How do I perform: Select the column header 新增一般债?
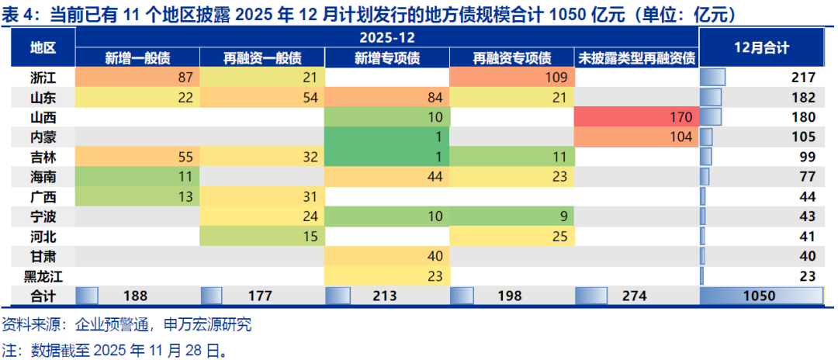click(137, 58)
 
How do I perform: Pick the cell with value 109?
click(511, 77)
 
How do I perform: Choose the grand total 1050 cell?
click(761, 295)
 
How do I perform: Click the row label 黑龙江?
click(43, 275)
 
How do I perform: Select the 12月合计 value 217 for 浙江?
click(802, 77)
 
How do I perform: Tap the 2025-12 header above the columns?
click(386, 37)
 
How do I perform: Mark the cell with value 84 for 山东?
click(386, 97)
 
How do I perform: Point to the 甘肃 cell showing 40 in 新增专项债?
click(386, 256)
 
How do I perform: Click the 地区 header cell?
click(43, 48)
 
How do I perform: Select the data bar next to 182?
click(711, 97)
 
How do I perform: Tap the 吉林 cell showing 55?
click(137, 157)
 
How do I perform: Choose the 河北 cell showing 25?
click(511, 236)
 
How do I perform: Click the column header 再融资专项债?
click(511, 58)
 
